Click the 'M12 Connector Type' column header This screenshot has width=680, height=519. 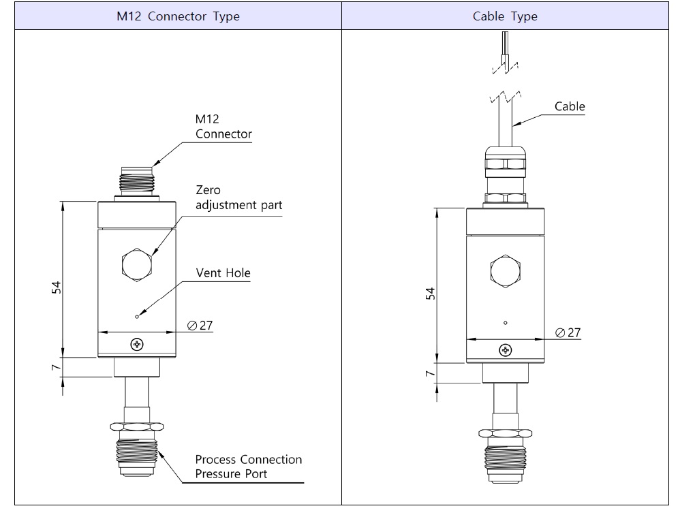(178, 16)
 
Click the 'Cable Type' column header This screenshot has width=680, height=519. (505, 16)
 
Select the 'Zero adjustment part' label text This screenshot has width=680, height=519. (238, 198)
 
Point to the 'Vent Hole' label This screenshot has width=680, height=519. (223, 273)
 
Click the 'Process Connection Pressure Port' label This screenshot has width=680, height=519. (248, 467)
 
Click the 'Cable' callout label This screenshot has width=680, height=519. (570, 106)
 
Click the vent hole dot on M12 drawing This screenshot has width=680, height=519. (138, 316)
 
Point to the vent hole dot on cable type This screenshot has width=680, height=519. (505, 322)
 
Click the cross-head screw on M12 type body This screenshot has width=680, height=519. (137, 344)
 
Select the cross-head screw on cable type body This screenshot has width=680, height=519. (505, 350)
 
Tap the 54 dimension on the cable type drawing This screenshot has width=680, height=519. (430, 294)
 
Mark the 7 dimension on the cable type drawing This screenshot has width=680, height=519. (430, 374)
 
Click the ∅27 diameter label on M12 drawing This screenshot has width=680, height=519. (199, 326)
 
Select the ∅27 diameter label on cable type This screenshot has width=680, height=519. (568, 332)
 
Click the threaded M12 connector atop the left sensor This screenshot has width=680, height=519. (137, 180)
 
